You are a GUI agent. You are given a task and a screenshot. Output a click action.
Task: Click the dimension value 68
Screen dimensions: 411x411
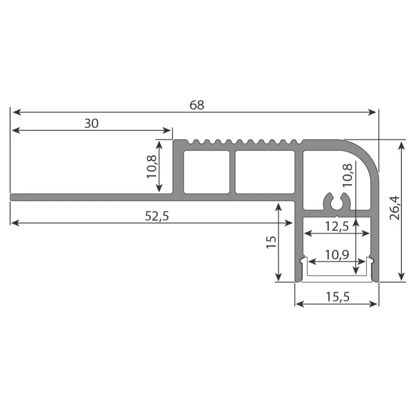point(197,105)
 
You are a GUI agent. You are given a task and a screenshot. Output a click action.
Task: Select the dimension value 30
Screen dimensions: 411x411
point(91,123)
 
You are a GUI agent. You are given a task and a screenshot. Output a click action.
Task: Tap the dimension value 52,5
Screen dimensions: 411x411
point(156,216)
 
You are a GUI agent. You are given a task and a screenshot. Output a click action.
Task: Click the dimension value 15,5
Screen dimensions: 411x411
point(336,297)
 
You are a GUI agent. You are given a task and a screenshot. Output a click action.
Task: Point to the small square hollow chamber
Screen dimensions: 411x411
point(206,172)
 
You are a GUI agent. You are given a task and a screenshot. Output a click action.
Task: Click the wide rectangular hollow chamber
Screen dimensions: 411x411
point(265,172)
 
